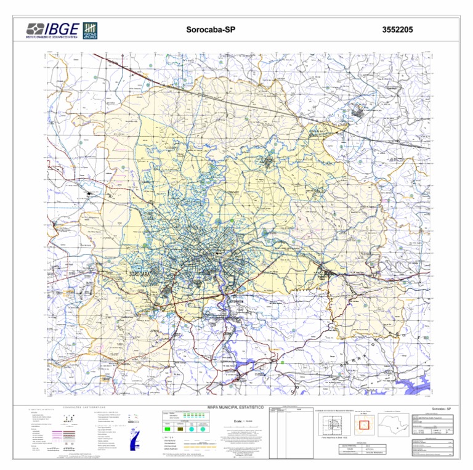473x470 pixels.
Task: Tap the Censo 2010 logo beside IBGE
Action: (x=91, y=30)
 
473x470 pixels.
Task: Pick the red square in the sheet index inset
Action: (x=363, y=424)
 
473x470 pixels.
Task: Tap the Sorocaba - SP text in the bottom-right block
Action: (x=442, y=409)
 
